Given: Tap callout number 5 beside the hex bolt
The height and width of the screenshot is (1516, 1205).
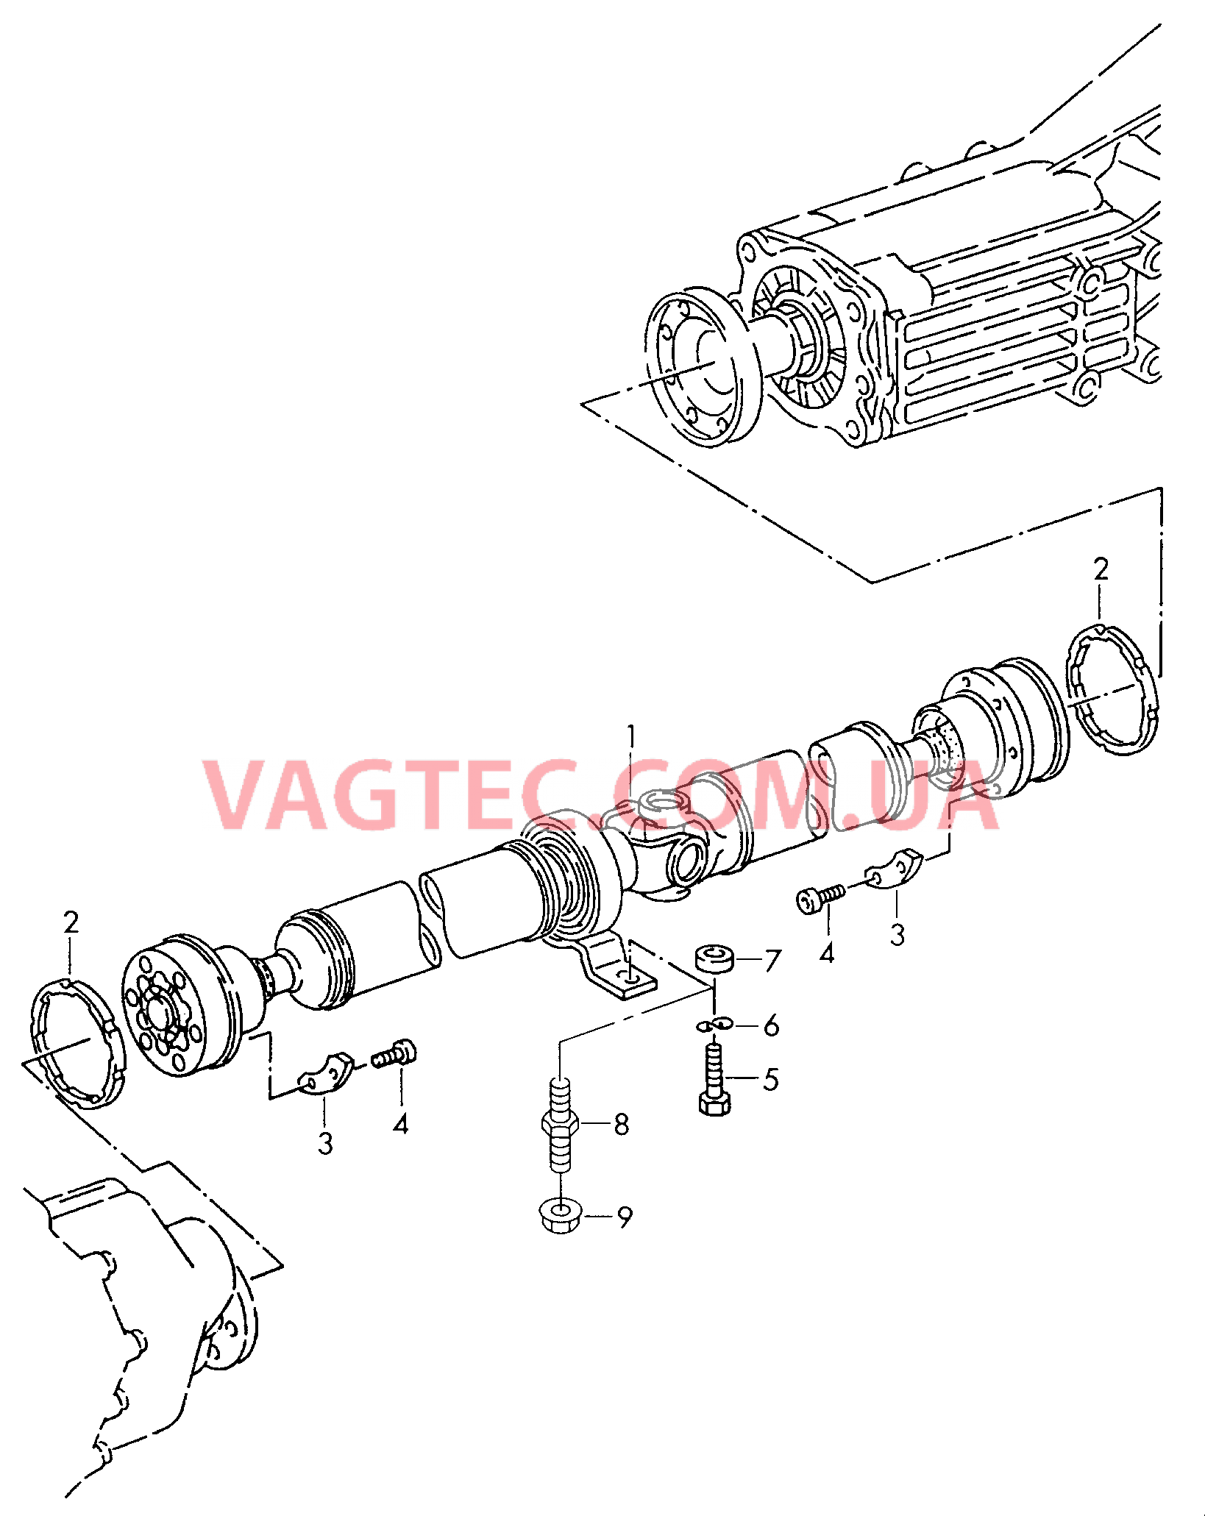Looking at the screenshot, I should click(x=770, y=1080).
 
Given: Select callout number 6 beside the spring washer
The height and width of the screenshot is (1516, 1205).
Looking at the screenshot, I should click(x=771, y=1025).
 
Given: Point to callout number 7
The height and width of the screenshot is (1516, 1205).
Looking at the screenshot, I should click(x=772, y=961).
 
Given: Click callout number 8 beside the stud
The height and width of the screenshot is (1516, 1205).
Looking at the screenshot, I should click(x=622, y=1124).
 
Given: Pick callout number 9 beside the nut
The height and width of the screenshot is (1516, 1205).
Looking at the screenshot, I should click(x=625, y=1217).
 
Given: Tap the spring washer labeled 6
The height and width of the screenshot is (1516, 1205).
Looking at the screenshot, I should click(x=713, y=1025).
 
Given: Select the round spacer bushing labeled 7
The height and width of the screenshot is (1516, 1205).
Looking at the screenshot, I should click(x=714, y=960).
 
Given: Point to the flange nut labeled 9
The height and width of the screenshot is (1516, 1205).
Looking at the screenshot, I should click(x=560, y=1217).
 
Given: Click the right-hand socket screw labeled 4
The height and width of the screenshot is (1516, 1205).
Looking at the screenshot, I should click(x=820, y=898).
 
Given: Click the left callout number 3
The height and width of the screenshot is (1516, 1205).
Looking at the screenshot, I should click(x=325, y=1143).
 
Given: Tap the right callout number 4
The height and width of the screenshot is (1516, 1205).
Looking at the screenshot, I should click(x=827, y=954).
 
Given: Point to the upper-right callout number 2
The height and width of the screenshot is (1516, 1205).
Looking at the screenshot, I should click(x=1101, y=569).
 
